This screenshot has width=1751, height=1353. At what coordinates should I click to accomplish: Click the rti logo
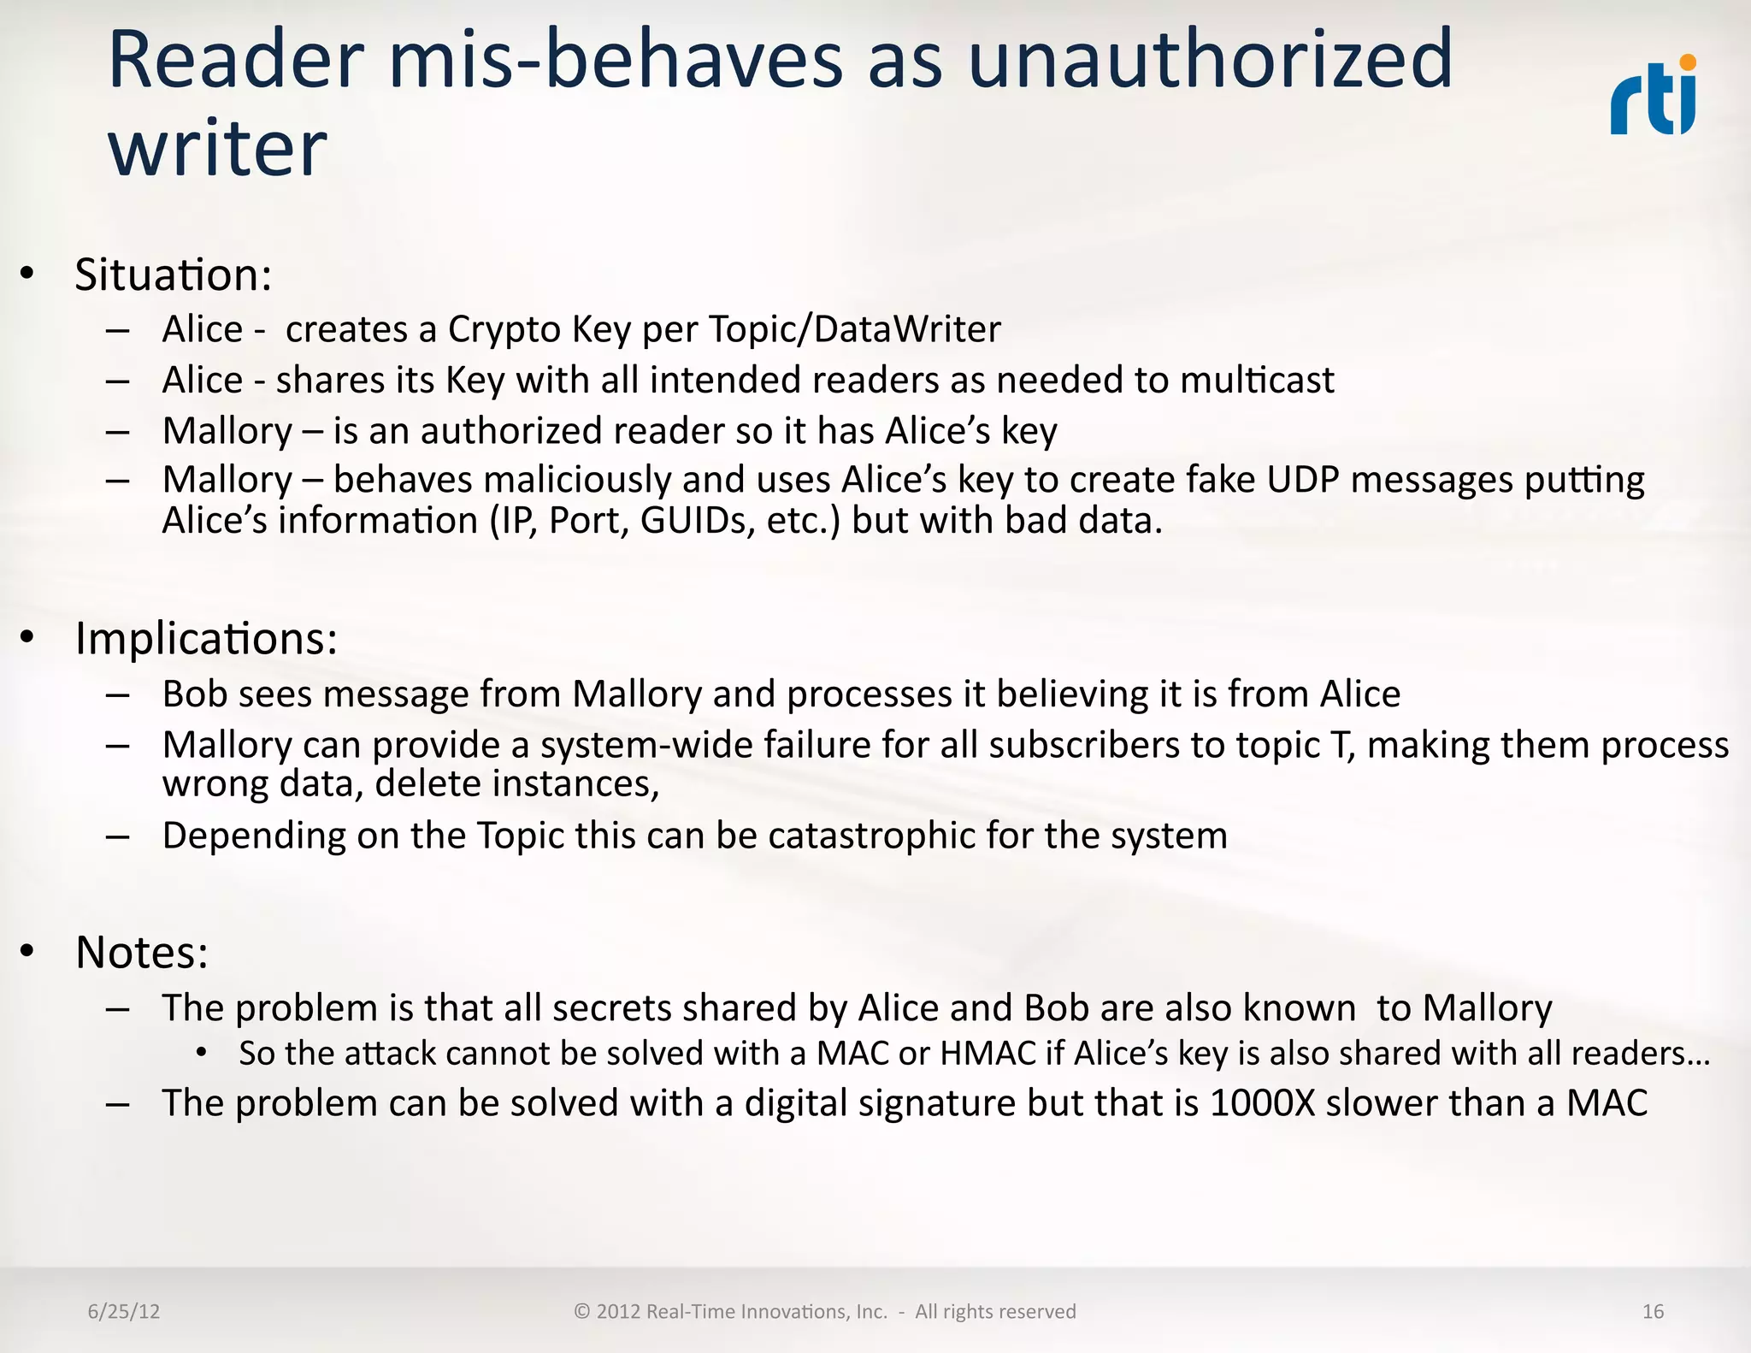point(1654,97)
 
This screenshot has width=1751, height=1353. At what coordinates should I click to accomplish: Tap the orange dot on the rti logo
point(1688,62)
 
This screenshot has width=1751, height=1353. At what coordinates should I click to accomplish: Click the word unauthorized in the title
point(1210,60)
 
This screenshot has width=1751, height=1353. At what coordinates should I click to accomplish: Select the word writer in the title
point(217,149)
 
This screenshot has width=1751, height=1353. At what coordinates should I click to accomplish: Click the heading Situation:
point(174,275)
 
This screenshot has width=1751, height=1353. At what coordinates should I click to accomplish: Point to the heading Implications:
point(206,639)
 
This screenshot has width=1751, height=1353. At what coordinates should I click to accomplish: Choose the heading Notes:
point(142,952)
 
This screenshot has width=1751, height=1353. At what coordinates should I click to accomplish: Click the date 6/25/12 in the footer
point(124,1312)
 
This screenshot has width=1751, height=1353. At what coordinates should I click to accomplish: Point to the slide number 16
point(1653,1312)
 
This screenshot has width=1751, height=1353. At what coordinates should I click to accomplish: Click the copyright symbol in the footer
point(582,1312)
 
